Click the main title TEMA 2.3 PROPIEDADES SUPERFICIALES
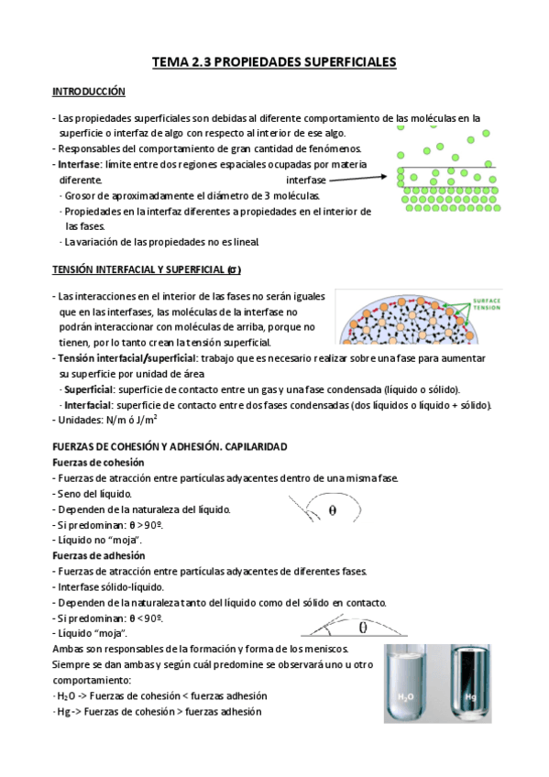pyautogui.click(x=273, y=62)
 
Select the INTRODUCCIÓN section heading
pyautogui.click(x=88, y=93)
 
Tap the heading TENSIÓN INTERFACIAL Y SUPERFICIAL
pyautogui.click(x=145, y=269)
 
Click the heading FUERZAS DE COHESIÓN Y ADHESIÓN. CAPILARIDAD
pyautogui.click(x=170, y=446)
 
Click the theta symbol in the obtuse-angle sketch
pyautogui.click(x=332, y=508)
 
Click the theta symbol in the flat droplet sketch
pyautogui.click(x=363, y=628)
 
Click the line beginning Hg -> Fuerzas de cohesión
pyautogui.click(x=159, y=712)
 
